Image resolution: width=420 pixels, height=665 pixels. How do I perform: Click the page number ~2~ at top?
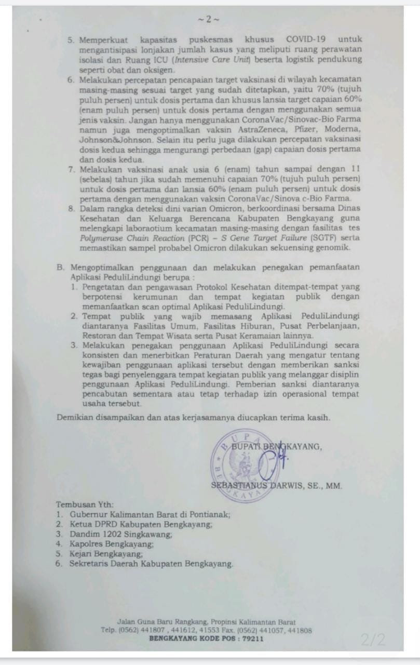[209, 20]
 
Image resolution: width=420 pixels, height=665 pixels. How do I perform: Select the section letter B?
[60, 268]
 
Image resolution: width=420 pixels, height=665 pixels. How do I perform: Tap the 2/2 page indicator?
[373, 640]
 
